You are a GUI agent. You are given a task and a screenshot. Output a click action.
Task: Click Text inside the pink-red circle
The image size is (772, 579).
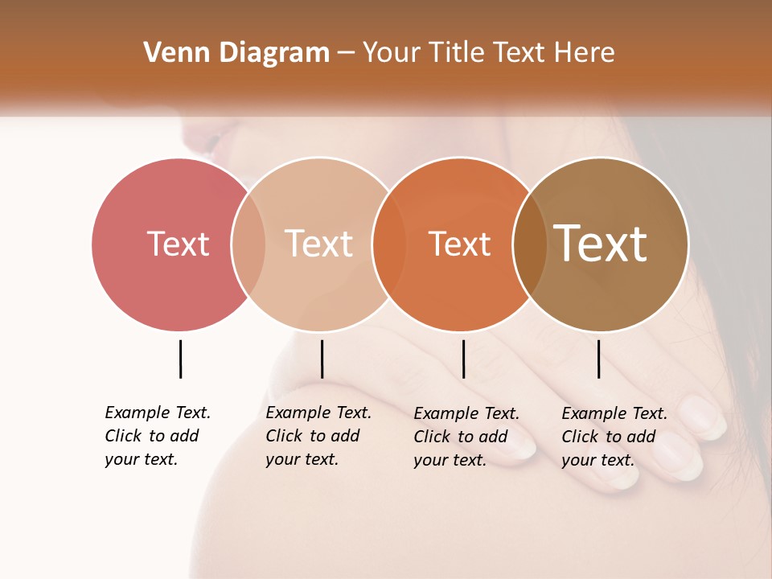[178, 244]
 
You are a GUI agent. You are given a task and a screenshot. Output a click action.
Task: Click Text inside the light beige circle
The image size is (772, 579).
[318, 244]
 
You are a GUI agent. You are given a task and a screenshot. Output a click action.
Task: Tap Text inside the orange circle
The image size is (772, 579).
[459, 244]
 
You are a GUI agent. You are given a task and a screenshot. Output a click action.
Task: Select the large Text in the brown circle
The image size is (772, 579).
[601, 244]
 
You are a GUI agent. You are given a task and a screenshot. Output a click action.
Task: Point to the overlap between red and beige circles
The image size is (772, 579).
[248, 244]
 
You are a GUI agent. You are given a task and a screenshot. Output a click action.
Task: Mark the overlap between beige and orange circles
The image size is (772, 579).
[389, 244]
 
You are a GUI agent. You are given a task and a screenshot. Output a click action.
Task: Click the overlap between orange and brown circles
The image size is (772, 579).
[529, 244]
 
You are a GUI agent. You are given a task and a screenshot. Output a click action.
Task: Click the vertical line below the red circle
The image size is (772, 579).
[180, 359]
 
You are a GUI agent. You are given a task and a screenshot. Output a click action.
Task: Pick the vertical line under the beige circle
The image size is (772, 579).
[322, 359]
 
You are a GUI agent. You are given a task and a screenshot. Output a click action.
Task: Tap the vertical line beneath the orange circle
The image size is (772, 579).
[463, 359]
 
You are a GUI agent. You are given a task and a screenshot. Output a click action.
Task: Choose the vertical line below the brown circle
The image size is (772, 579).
[598, 359]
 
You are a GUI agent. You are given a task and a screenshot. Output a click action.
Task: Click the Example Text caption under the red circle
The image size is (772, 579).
[157, 435]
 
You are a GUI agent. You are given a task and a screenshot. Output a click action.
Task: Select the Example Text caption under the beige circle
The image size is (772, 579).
[318, 435]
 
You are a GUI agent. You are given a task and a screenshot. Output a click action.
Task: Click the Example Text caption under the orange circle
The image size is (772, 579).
[466, 436]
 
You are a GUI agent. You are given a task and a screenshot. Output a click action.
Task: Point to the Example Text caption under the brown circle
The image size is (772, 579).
[614, 436]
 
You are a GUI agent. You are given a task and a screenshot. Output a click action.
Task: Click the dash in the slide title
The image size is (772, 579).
[346, 54]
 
